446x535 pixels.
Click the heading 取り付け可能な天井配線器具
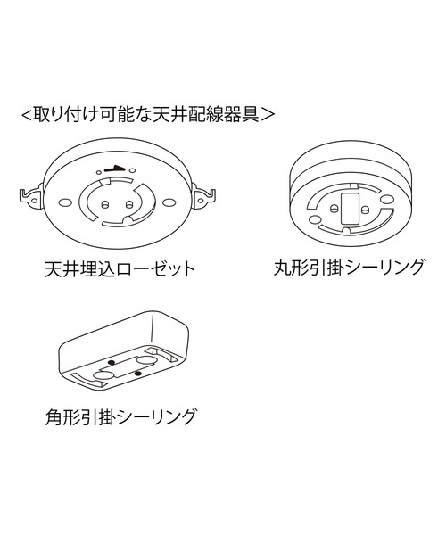[x=147, y=115]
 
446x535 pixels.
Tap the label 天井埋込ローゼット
[x=120, y=269]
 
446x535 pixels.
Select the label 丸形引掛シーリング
[x=349, y=267]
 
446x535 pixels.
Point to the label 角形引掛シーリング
[x=121, y=416]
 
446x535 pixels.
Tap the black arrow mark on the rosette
[x=114, y=169]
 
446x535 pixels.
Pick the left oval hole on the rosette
[x=63, y=202]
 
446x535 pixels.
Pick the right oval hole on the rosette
[x=167, y=202]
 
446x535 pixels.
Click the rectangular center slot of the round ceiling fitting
[x=351, y=208]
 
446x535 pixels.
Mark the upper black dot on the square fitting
[x=111, y=362]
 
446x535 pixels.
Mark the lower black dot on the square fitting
[x=137, y=374]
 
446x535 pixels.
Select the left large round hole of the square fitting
[x=103, y=376]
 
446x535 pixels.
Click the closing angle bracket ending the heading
[x=268, y=115]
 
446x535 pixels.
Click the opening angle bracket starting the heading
[x=27, y=115]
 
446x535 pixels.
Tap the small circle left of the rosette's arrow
[x=99, y=171]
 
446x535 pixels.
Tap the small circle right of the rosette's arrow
[x=133, y=170]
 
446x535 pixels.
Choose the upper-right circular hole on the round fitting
[x=386, y=199]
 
